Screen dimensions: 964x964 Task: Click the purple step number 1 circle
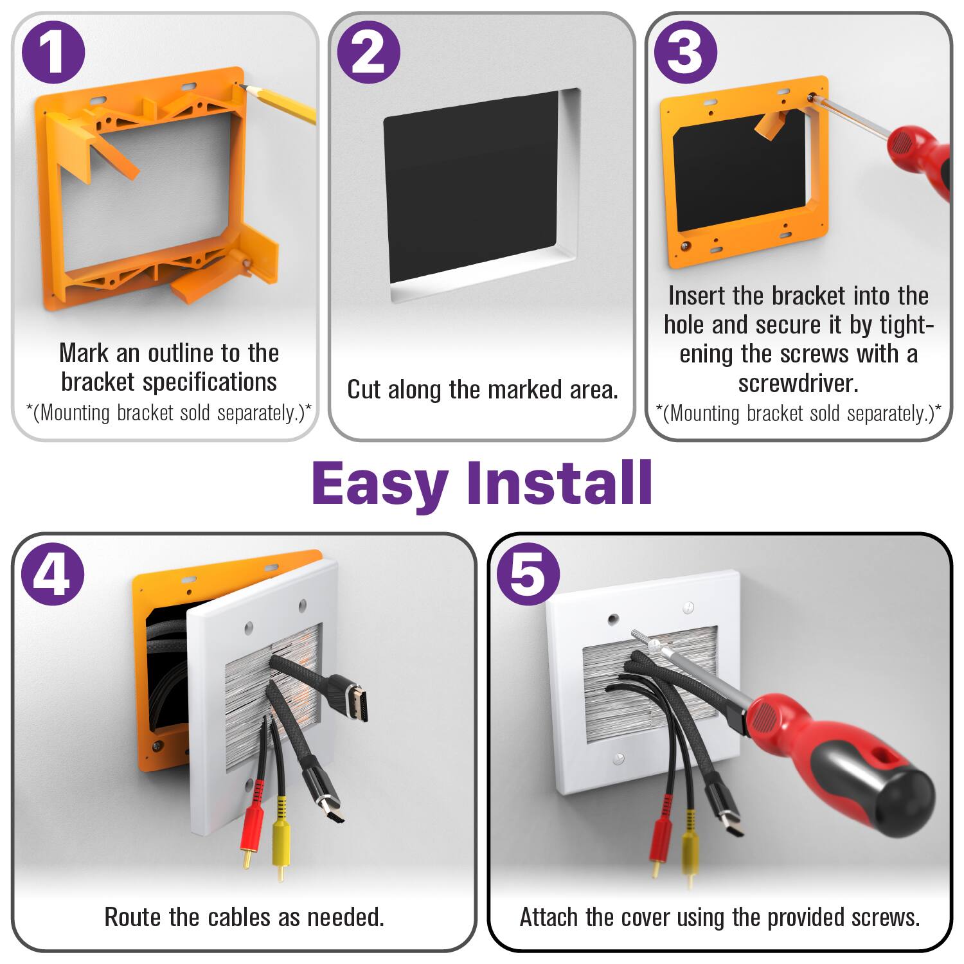coord(53,52)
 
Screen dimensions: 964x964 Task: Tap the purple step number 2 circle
coord(369,52)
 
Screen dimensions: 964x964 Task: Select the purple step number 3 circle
coord(686,52)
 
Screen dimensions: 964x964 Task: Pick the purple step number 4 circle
coord(53,574)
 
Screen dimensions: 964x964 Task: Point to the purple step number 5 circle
coord(528,574)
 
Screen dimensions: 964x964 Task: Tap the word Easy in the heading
coord(379,483)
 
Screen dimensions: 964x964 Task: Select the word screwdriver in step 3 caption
coord(798,384)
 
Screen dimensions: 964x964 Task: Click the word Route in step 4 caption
coord(133,917)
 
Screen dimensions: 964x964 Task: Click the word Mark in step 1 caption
coord(84,353)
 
